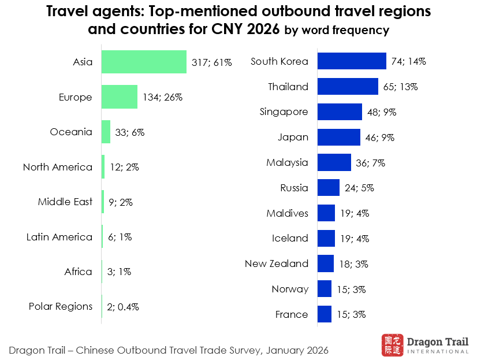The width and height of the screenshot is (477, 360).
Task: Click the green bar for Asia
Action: coord(144,62)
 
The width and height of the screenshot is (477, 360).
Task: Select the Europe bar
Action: coord(119,97)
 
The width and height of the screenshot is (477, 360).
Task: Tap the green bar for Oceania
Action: coord(106,132)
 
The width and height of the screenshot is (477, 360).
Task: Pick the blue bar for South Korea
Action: coord(352,61)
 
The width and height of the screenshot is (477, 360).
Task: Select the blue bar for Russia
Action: coord(329,188)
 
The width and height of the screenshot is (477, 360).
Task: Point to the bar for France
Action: coord(325,314)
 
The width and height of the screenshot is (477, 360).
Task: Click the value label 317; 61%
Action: coord(211,62)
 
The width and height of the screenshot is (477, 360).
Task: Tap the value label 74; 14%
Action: coord(408,61)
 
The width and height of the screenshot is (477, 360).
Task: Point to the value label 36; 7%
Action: coord(370,163)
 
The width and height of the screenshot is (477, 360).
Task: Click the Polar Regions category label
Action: coord(61,306)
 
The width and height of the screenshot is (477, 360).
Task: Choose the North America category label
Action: coord(58,167)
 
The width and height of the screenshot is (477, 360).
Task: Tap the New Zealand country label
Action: coord(277,263)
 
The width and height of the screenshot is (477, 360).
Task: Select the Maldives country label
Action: coord(288,213)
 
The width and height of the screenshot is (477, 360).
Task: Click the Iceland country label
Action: coord(290,238)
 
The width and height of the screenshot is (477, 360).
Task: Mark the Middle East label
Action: coord(65,202)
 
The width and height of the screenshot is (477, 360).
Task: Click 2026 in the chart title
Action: coord(263,28)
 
